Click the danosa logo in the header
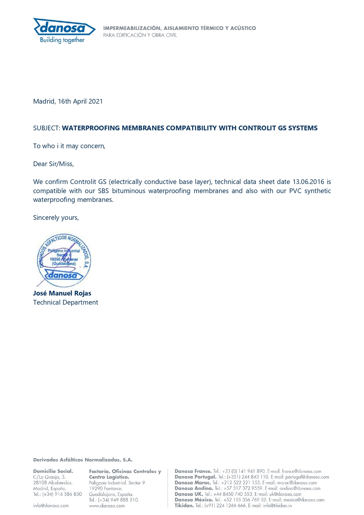64,27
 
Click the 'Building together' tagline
62,40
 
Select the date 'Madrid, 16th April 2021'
68,101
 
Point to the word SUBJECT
46,128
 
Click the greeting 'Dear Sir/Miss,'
54,164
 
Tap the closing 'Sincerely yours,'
56,217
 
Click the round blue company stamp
64,260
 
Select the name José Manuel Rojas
62,293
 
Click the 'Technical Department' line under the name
66,302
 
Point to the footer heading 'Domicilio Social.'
53,471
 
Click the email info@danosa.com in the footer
51,505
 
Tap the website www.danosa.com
107,506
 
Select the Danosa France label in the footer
193,471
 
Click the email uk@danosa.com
285,494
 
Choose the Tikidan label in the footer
184,505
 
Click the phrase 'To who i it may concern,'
69,146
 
